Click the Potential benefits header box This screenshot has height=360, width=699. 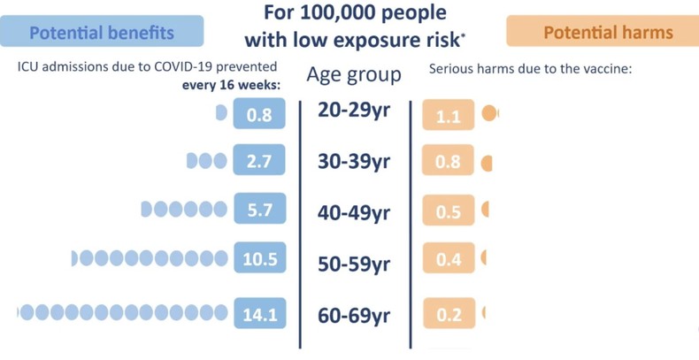(x=102, y=33)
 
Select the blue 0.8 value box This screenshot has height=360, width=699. (x=259, y=115)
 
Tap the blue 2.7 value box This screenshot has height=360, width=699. (x=259, y=162)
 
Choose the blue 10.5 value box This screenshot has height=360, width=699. (x=259, y=259)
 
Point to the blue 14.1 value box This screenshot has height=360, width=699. (x=259, y=311)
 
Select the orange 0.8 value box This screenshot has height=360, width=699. (x=449, y=163)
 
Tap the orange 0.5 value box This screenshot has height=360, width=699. (x=449, y=212)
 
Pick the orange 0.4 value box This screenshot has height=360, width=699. (x=449, y=260)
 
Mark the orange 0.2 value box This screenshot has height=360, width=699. (x=449, y=313)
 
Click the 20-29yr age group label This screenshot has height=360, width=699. (x=354, y=112)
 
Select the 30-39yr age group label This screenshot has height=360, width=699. (x=354, y=162)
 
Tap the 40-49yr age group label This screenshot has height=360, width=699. (x=354, y=213)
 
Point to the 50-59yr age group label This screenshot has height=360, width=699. (x=354, y=264)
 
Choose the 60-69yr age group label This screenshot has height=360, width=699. (x=354, y=314)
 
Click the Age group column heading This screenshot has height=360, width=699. (x=354, y=74)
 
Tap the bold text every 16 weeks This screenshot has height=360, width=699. (x=230, y=85)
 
